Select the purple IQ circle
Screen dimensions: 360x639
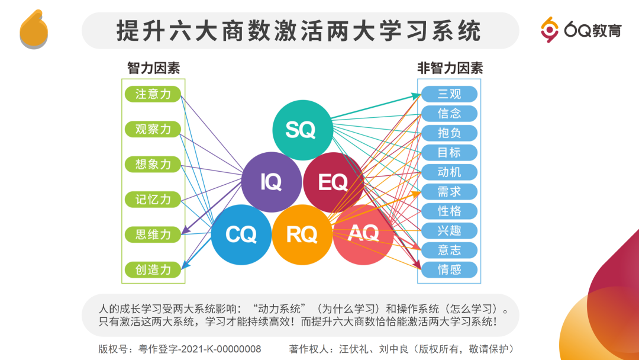[271, 182]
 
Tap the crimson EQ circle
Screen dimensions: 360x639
[333, 182]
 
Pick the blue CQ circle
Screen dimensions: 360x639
[241, 234]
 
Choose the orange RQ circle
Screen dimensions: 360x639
[302, 234]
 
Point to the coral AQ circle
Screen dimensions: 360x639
[363, 234]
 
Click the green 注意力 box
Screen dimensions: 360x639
[153, 94]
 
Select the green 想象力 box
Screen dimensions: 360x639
[153, 164]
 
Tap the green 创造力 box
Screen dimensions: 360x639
[153, 269]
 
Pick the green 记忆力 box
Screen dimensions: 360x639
[153, 200]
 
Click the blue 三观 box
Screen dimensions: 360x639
[449, 94]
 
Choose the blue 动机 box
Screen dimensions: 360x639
[449, 172]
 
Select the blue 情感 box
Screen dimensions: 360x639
[449, 270]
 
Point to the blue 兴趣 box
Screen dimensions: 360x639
[449, 230]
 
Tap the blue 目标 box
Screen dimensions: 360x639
[449, 153]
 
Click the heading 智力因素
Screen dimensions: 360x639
[153, 68]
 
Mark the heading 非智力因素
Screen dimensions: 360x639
[450, 68]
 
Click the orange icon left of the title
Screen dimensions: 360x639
[34, 30]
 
